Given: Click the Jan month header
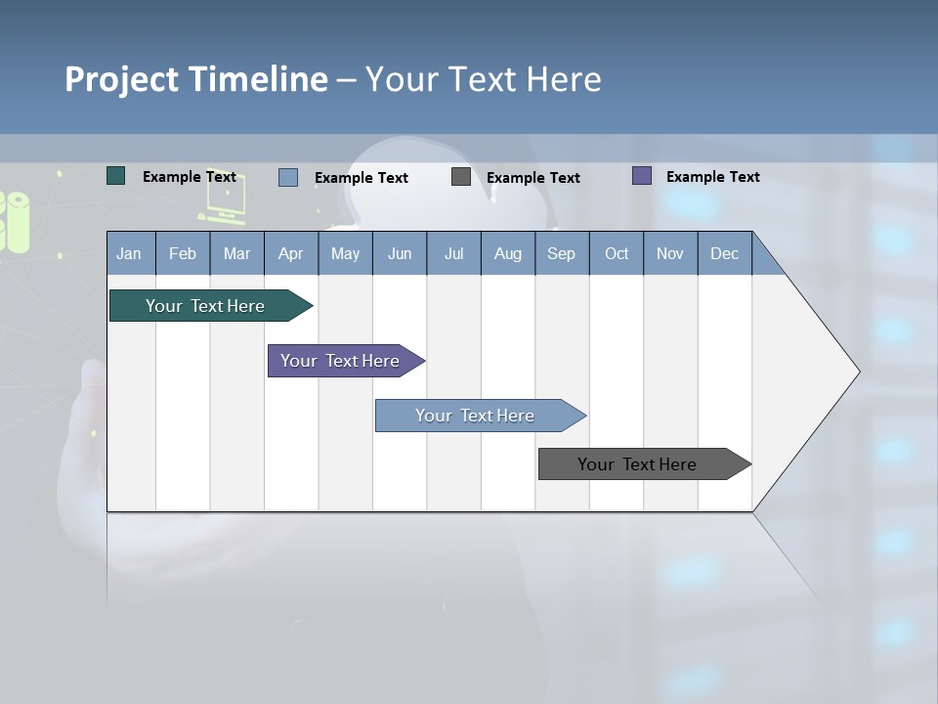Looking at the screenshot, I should pyautogui.click(x=129, y=254).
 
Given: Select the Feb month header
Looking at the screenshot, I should pyautogui.click(x=183, y=254).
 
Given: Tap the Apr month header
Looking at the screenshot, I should pyautogui.click(x=290, y=254).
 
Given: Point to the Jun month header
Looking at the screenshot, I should pyautogui.click(x=400, y=254).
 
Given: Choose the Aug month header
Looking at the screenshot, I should pyautogui.click(x=507, y=254).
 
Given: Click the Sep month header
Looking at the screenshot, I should pyautogui.click(x=561, y=254).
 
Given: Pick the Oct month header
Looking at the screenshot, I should pyautogui.click(x=617, y=254).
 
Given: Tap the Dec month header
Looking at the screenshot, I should pyautogui.click(x=724, y=254).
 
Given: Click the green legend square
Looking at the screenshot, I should pyautogui.click(x=116, y=176).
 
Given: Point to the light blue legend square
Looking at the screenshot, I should pyautogui.click(x=288, y=177).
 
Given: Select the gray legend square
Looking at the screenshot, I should pyautogui.click(x=461, y=177).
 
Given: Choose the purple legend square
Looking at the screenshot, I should pyautogui.click(x=642, y=176).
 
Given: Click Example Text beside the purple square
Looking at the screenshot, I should pyautogui.click(x=712, y=177).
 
